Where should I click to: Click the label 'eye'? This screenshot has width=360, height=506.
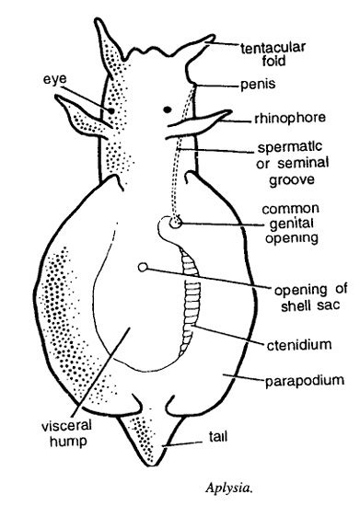pyautogui.click(x=55, y=79)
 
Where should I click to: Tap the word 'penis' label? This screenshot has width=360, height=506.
pyautogui.click(x=258, y=85)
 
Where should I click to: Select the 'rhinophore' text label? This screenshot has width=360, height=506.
pyautogui.click(x=290, y=119)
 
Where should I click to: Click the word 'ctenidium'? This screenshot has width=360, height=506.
pyautogui.click(x=299, y=345)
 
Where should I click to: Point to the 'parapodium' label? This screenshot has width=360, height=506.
pyautogui.click(x=305, y=381)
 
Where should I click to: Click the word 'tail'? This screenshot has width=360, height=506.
pyautogui.click(x=218, y=437)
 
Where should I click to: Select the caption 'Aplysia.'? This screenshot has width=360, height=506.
pyautogui.click(x=228, y=488)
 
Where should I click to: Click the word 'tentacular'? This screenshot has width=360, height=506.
pyautogui.click(x=273, y=48)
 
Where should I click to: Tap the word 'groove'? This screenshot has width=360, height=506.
pyautogui.click(x=292, y=180)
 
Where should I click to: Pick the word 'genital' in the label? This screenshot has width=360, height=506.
pyautogui.click(x=292, y=224)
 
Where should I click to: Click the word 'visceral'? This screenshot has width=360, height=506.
pyautogui.click(x=67, y=426)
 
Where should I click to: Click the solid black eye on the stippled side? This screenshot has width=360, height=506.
pyautogui.click(x=111, y=111)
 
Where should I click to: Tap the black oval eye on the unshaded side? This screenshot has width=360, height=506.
pyautogui.click(x=168, y=109)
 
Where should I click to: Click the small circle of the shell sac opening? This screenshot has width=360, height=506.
pyautogui.click(x=143, y=267)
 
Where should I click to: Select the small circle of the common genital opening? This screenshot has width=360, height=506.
pyautogui.click(x=176, y=223)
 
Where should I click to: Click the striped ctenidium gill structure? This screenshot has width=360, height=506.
pyautogui.click(x=191, y=300)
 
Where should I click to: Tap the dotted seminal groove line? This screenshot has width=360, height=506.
pyautogui.click(x=181, y=151)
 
